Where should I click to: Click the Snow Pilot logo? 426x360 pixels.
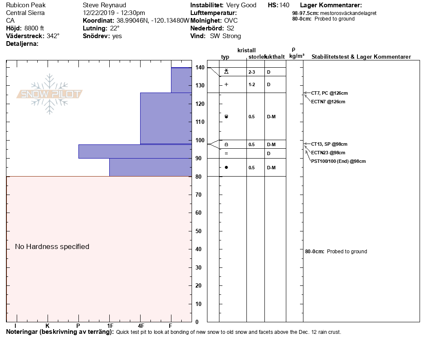coord(50,94)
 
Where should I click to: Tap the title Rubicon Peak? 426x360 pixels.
coord(26,5)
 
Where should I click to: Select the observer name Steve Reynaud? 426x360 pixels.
coord(104,5)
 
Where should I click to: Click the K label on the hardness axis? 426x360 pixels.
coord(48,326)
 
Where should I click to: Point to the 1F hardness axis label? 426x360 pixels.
coord(110,326)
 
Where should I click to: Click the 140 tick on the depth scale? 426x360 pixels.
coord(200,67)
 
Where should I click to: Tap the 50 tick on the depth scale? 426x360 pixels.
coord(200,231)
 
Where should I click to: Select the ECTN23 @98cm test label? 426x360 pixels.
coord(328,153)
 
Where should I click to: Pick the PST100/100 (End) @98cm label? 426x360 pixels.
coord(339,161)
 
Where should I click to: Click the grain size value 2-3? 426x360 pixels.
coord(252,72)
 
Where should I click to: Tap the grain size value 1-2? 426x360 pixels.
coord(252,84)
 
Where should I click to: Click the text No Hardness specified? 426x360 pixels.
coord(52,246)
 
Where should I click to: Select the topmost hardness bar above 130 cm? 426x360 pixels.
coord(181,80)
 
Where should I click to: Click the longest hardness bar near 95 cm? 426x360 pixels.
coord(135,151)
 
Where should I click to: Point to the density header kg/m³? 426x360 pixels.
coord(297,56)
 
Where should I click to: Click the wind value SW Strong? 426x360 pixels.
coord(225,36)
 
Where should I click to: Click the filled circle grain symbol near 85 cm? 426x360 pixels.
coord(226,167)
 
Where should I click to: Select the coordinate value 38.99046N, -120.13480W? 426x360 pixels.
coord(153,21)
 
